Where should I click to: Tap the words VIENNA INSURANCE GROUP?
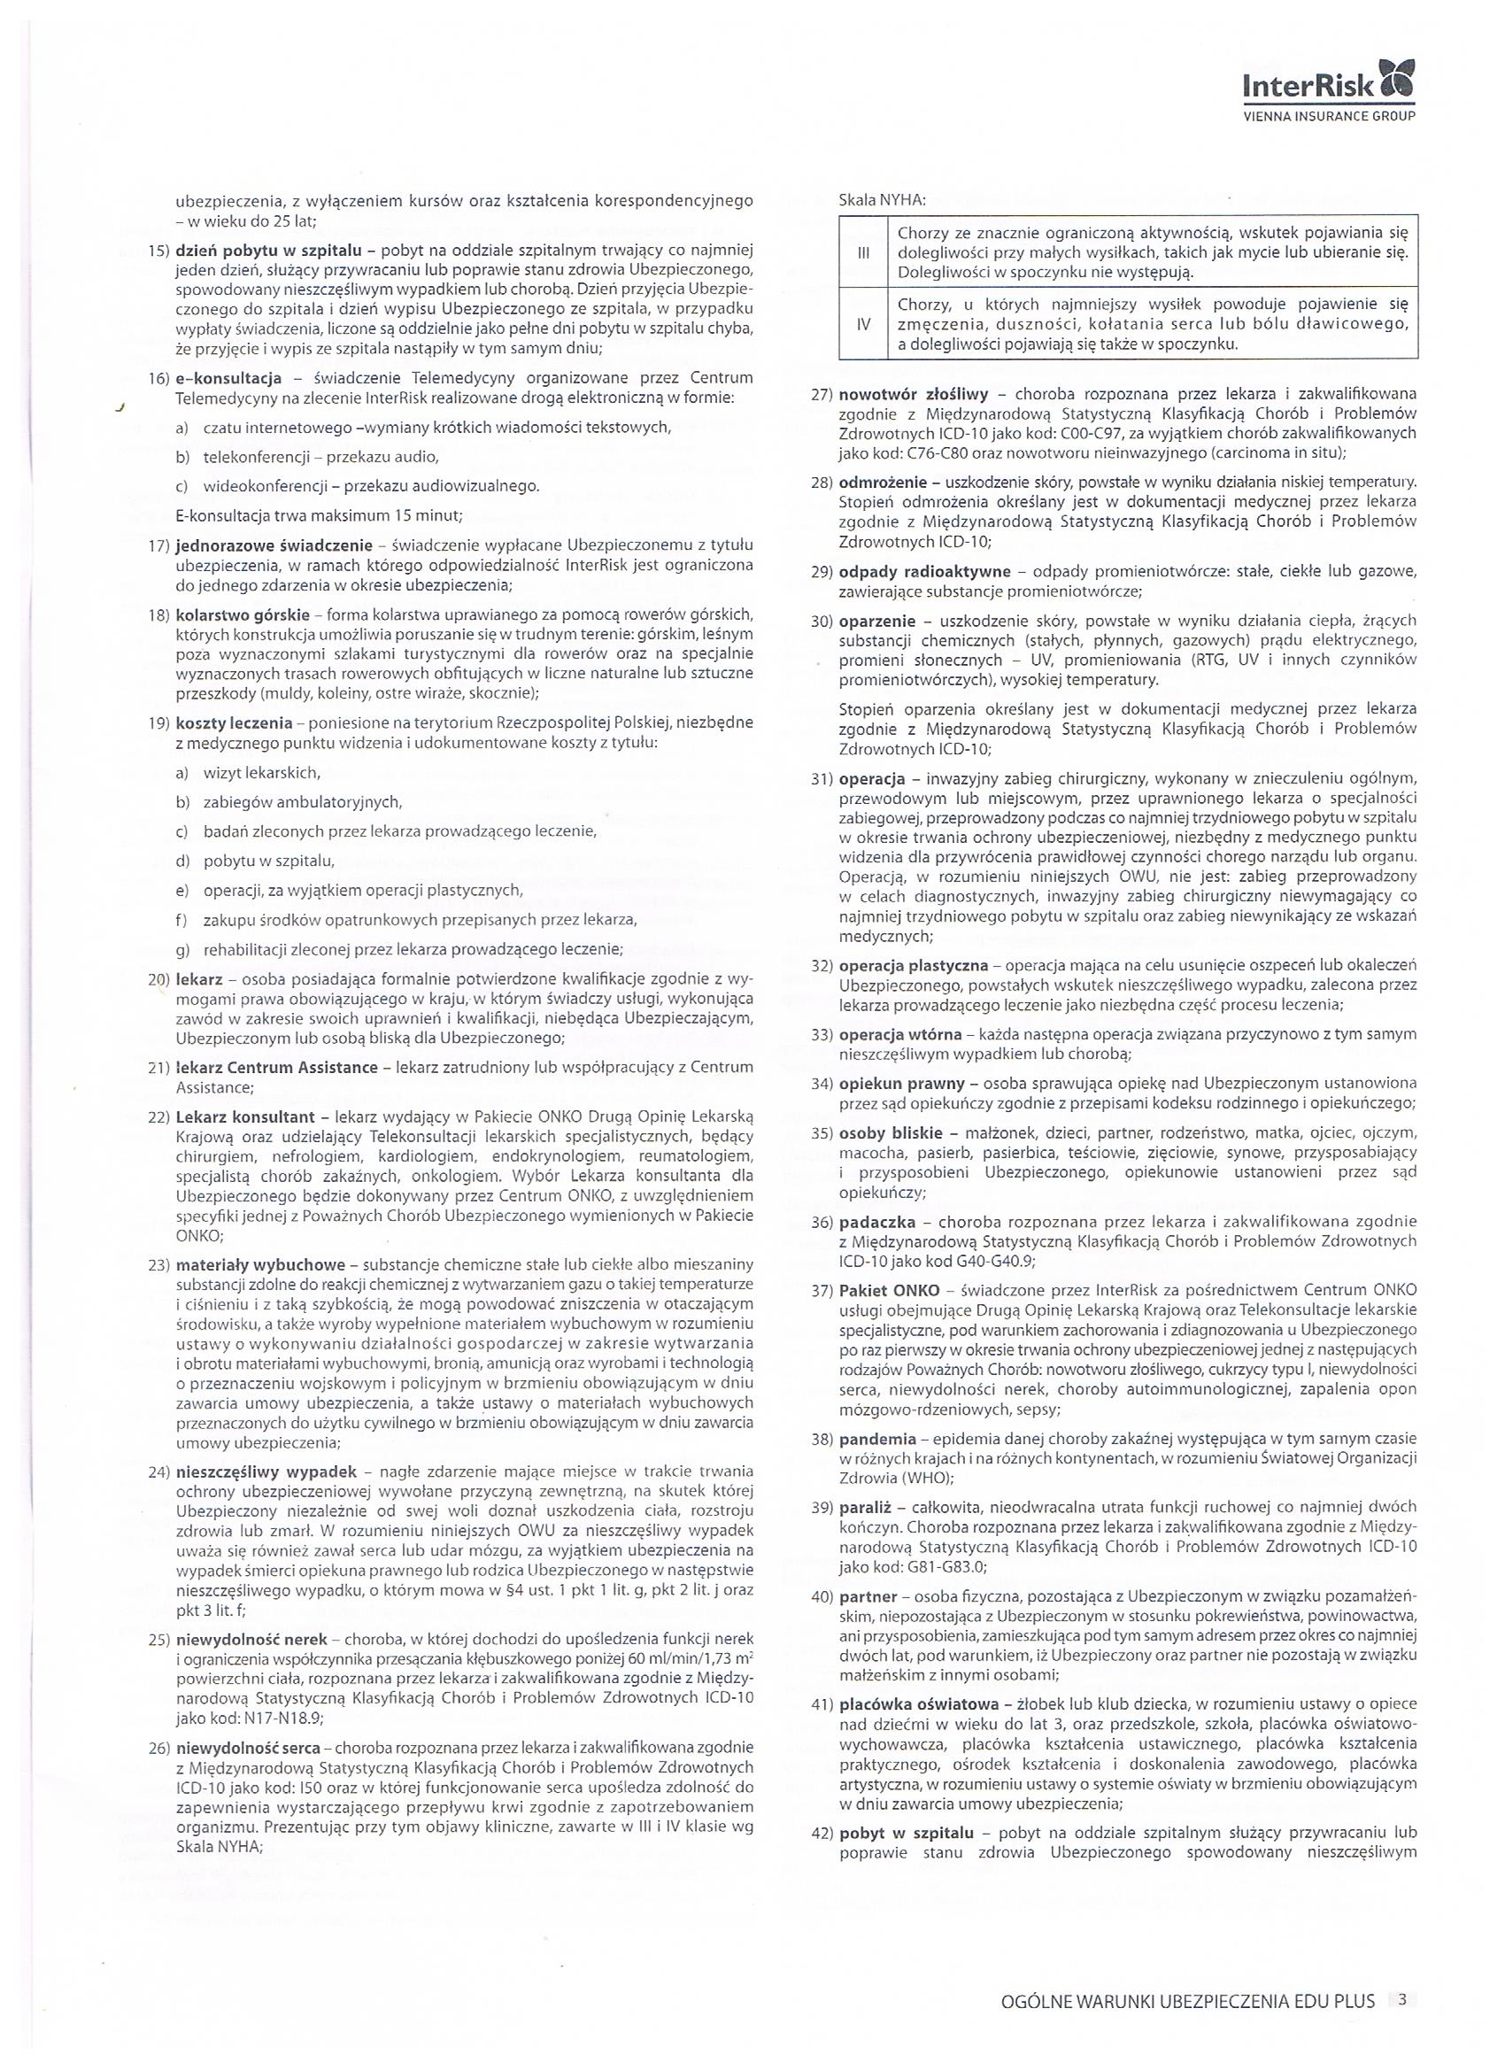point(1330,117)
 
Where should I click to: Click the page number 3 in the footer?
point(1402,2001)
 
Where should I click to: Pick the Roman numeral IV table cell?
point(862,324)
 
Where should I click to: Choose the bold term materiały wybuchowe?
point(260,1265)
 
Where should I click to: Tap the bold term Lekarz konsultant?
point(245,1116)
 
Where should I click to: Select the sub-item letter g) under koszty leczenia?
point(182,948)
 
